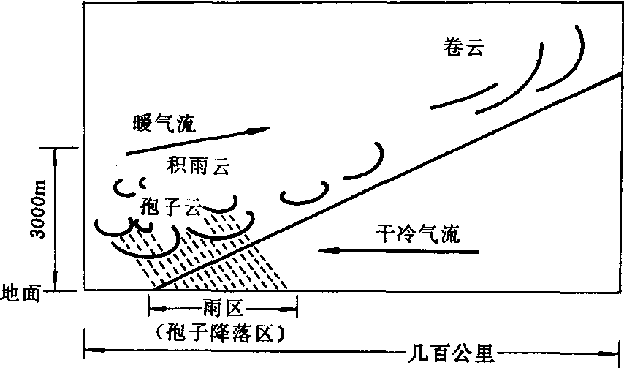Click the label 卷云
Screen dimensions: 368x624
[464, 48]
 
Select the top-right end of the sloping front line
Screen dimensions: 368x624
[622, 75]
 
